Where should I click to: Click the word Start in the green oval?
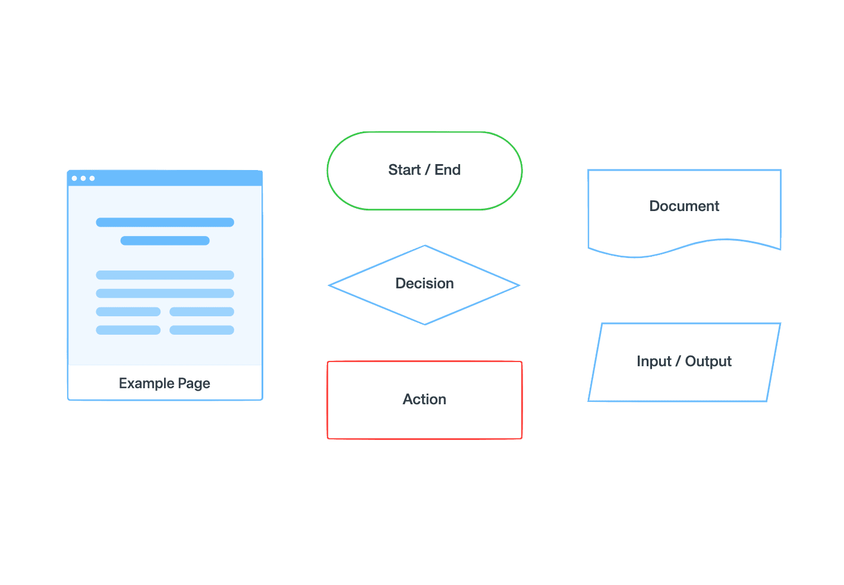[x=404, y=170]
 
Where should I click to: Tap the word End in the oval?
[x=448, y=170]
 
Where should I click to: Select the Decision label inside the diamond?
[x=424, y=284]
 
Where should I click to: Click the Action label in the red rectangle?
[x=424, y=400]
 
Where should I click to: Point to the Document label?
[x=684, y=206]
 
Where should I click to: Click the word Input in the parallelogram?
[x=653, y=361]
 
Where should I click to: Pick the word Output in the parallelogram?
[x=708, y=361]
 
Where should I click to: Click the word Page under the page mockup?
[x=194, y=383]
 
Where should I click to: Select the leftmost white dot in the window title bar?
[x=74, y=178]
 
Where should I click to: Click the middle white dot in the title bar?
[x=83, y=178]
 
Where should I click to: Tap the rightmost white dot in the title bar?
[x=92, y=178]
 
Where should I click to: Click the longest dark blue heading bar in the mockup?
[x=165, y=222]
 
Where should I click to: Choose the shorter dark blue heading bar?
[x=165, y=241]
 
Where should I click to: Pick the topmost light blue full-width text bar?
[x=165, y=275]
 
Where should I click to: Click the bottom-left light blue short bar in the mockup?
[x=128, y=330]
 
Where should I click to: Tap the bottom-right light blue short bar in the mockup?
[x=201, y=330]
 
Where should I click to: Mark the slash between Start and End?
[x=427, y=170]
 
